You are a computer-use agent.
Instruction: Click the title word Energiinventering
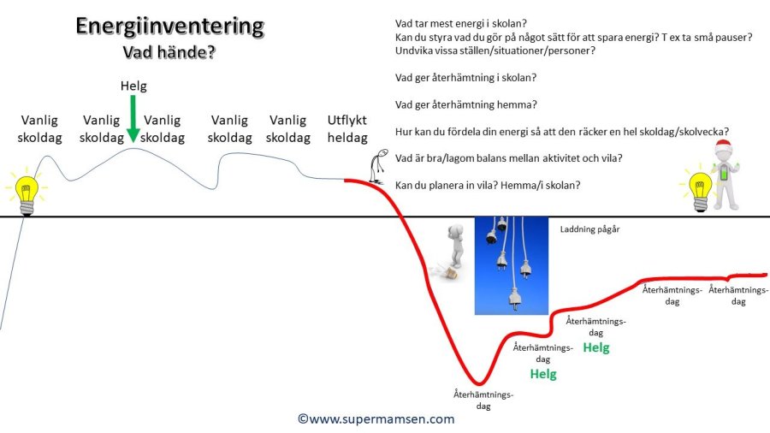170,27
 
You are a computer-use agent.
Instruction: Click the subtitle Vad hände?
169,52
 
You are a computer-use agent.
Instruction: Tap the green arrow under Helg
133,119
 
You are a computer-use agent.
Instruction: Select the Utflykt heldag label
347,128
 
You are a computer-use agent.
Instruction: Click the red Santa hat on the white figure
722,147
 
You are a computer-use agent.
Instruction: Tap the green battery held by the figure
725,174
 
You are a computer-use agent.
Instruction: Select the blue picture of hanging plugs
512,265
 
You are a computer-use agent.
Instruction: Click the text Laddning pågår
589,229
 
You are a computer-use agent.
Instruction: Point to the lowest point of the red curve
479,383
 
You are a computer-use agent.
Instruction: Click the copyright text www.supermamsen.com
376,418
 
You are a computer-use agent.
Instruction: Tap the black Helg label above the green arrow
133,86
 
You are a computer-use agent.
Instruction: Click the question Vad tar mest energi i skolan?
460,24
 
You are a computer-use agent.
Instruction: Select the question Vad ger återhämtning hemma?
466,104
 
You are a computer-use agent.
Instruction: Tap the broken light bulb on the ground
444,271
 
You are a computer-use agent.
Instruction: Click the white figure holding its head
456,246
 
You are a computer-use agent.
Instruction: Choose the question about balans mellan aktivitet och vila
509,158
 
